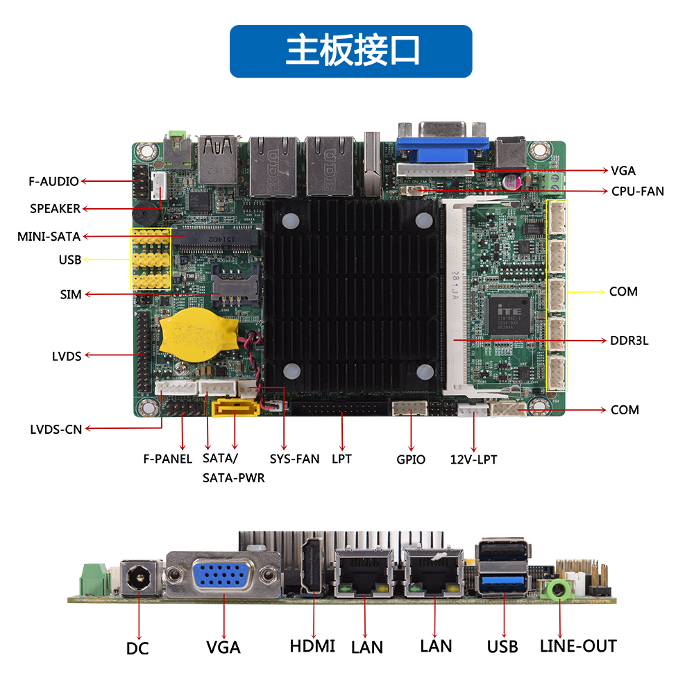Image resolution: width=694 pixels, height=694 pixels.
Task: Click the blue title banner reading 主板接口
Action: pos(350,51)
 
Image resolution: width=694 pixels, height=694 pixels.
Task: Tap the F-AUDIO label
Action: pos(53,181)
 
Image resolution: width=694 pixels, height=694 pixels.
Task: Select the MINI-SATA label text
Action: pos(49,237)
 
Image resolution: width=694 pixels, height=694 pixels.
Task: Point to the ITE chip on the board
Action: pos(509,316)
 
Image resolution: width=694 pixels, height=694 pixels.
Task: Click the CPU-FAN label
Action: pos(637,192)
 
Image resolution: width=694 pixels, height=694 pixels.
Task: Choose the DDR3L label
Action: pos(629,341)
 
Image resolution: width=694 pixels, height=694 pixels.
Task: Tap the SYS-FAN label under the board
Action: pos(294,459)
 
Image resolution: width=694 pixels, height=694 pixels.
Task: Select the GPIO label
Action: pos(411,459)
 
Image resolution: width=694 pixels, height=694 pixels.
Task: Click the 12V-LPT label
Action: pos(473,459)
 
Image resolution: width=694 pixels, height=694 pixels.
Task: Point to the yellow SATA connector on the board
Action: pos(235,407)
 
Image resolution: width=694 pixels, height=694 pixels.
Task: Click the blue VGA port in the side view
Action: pos(220,575)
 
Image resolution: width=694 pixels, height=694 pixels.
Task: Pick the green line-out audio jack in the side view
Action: pos(558,589)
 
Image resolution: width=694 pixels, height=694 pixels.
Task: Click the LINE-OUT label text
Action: pos(578,646)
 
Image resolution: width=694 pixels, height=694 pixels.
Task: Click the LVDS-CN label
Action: pos(56,430)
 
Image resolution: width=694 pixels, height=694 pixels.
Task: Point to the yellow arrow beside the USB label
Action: pos(107,259)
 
